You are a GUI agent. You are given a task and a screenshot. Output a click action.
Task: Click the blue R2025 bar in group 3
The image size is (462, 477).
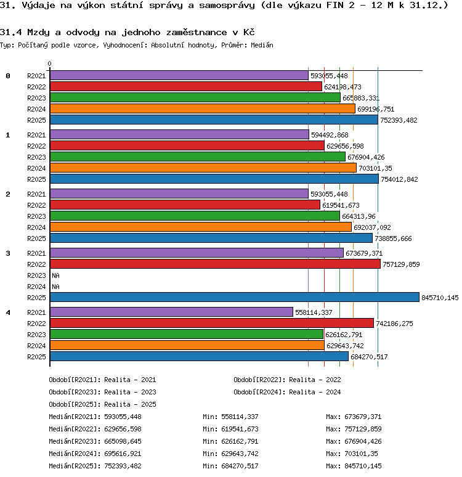(235, 297)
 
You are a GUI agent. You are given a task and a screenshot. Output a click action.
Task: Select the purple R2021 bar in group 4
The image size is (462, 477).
(171, 312)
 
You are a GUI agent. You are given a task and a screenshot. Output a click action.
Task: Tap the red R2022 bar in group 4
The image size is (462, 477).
(212, 323)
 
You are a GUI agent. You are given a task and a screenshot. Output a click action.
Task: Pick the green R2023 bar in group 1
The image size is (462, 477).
(198, 157)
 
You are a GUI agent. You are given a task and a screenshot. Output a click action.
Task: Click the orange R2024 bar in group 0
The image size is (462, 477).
(203, 108)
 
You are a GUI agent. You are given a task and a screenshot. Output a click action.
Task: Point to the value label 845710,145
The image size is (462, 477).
(440, 298)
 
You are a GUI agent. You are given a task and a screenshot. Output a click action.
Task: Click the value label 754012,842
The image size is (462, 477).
(399, 179)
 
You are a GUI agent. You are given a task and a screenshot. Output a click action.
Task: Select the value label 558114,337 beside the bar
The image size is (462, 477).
(314, 312)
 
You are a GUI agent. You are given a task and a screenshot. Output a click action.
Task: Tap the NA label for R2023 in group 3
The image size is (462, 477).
(55, 275)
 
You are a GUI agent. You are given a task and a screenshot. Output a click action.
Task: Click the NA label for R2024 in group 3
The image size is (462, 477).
(55, 287)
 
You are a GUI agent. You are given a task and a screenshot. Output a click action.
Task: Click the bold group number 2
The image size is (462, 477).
(8, 194)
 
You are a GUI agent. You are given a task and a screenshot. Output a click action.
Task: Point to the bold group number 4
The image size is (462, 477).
(8, 312)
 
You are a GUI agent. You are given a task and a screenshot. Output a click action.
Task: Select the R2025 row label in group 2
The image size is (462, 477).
(36, 238)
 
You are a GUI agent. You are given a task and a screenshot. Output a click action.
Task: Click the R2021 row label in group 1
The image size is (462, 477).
(36, 135)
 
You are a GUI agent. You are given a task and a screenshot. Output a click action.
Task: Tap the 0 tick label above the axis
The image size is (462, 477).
(49, 63)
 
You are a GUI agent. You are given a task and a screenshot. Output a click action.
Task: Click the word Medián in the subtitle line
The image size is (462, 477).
(262, 45)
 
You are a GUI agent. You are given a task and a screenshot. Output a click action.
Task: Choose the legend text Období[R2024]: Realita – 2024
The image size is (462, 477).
(287, 392)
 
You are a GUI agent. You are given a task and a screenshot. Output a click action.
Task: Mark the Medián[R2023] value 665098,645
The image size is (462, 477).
(123, 441)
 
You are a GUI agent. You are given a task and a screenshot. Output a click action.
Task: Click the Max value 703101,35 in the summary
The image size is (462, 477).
(361, 454)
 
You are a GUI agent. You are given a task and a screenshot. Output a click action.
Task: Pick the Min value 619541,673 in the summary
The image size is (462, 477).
(240, 430)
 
